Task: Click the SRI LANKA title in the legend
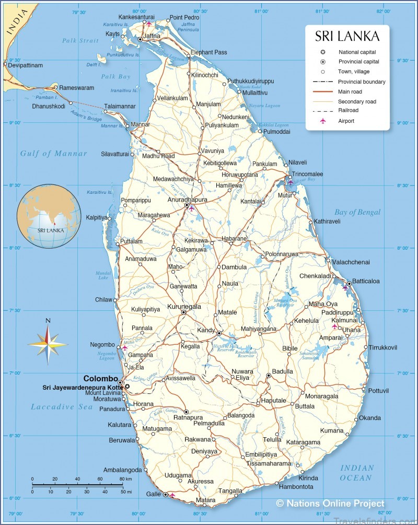pyautogui.click(x=347, y=37)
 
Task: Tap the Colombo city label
pyautogui.click(x=101, y=379)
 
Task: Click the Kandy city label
pyautogui.click(x=205, y=330)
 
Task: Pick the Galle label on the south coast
pyautogui.click(x=153, y=494)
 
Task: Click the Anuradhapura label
pyautogui.click(x=187, y=200)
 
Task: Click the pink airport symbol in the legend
pyautogui.click(x=323, y=121)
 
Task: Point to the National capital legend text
pyautogui.click(x=357, y=52)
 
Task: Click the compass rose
pyautogui.click(x=48, y=344)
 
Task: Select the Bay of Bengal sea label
pyautogui.click(x=357, y=212)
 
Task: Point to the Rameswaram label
pyautogui.click(x=77, y=87)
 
